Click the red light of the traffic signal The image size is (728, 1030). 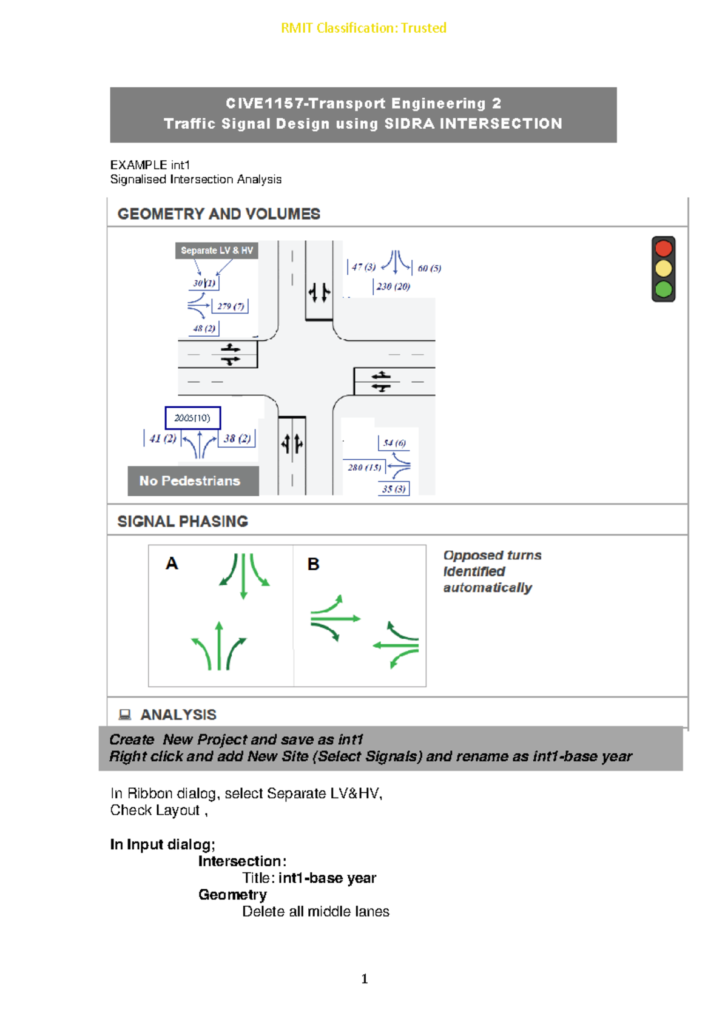(663, 248)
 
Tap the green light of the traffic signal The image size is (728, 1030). (663, 289)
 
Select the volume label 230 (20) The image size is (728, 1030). (393, 286)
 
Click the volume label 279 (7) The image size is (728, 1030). (231, 306)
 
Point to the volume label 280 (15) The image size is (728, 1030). (365, 467)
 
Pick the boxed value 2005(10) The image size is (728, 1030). (192, 418)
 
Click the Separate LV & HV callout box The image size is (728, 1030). (217, 251)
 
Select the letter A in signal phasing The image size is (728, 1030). (172, 564)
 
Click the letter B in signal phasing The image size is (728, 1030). (313, 564)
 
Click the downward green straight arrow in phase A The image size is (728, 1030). (243, 576)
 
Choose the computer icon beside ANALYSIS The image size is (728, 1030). (125, 715)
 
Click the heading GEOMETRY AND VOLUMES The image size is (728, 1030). (218, 214)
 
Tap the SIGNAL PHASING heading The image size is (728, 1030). (182, 522)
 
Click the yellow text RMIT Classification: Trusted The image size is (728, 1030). (363, 28)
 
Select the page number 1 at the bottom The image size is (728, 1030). (364, 978)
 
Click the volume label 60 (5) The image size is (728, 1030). (429, 268)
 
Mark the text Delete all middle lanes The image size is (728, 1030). (315, 912)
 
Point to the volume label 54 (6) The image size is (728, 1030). (394, 443)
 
